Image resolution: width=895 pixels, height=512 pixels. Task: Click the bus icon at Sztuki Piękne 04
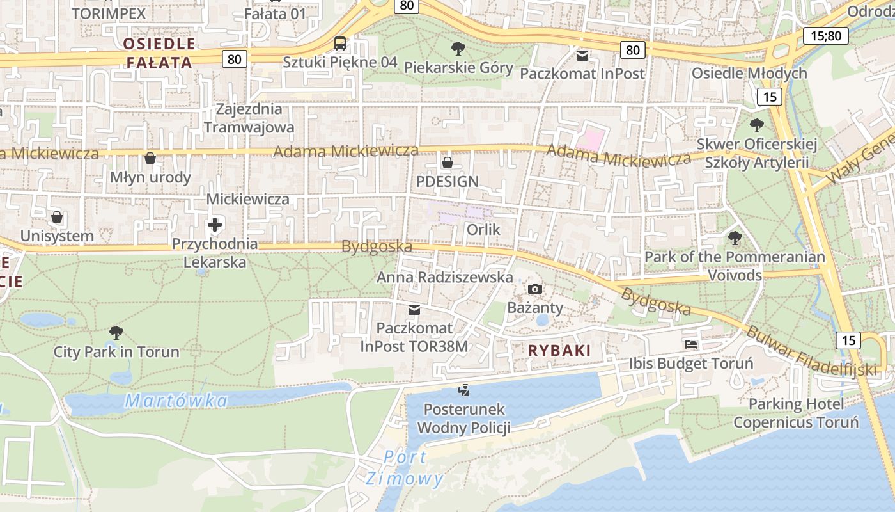coord(340,44)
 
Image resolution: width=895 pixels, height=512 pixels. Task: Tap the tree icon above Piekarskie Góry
coord(458,48)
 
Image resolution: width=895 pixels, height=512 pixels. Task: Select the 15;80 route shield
coord(826,35)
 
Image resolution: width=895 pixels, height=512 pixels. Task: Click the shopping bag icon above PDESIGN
coord(447,163)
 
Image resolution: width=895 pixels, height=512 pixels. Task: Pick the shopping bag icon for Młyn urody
coord(150,158)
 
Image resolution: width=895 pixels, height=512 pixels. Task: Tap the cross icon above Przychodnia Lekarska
coord(215,225)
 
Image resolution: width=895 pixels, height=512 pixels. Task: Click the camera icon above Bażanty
coord(535,289)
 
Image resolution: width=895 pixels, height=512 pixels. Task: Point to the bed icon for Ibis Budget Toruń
coord(691,344)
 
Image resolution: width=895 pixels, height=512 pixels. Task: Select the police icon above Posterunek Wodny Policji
coord(463,390)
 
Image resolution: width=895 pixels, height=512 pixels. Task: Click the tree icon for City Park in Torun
coord(116,332)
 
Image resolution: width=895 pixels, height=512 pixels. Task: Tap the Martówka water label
coord(176,401)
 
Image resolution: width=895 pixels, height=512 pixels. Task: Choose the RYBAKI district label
coord(559,351)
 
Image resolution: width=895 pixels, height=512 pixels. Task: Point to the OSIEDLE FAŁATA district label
coord(159,53)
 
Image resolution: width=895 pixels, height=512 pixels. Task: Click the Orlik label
coord(483,230)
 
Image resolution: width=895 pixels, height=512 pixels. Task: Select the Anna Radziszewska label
coord(444,277)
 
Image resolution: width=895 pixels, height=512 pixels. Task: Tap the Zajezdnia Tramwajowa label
coord(249,118)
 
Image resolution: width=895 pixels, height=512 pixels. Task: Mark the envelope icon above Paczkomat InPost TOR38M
coord(414,310)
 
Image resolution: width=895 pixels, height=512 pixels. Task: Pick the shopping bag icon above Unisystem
coord(57,218)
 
